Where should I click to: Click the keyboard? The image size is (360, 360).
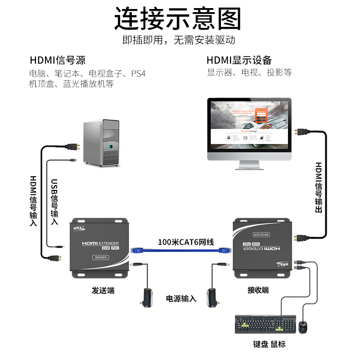[x=265, y=324]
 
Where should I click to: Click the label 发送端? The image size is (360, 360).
[x=103, y=290]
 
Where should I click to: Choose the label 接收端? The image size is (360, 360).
[x=258, y=290]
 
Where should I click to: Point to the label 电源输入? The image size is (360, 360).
[x=181, y=298]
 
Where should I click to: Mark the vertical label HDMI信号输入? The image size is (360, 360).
[x=33, y=201]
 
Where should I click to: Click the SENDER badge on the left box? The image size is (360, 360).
[x=99, y=258]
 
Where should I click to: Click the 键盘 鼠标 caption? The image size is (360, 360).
[x=269, y=344]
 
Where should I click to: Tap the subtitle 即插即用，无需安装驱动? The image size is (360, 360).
[x=179, y=40]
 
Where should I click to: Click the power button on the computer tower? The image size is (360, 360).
[x=112, y=147]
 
